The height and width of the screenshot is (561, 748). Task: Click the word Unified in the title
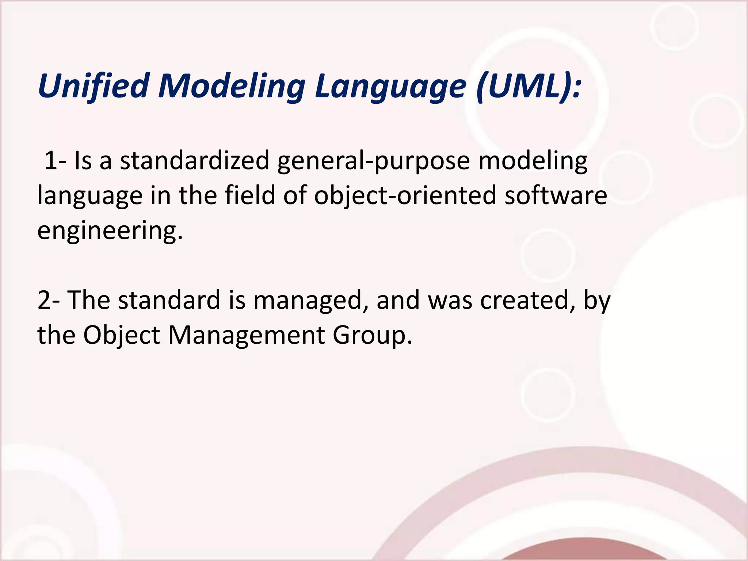pos(93,86)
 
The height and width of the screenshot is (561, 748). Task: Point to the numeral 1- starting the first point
pos(55,161)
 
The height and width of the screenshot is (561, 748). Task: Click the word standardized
pos(195,161)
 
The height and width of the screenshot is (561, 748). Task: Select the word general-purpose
pos(373,161)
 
